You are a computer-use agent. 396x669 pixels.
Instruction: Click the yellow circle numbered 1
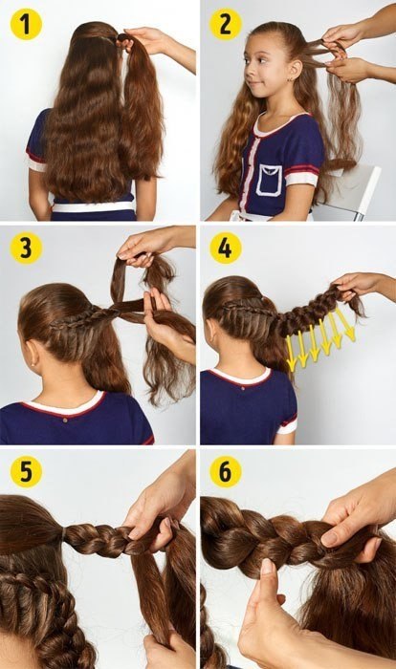[x=26, y=24]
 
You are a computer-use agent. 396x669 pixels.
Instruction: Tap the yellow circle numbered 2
[x=226, y=24]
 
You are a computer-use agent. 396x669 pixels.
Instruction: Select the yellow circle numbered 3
[x=26, y=248]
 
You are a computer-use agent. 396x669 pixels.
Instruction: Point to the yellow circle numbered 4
[x=226, y=248]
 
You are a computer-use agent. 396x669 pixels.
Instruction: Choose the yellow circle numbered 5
[x=26, y=472]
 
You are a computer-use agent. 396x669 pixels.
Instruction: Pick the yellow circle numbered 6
[x=226, y=472]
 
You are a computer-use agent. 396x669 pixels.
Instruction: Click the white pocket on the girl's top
[x=269, y=181]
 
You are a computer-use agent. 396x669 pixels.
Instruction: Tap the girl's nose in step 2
[x=248, y=70]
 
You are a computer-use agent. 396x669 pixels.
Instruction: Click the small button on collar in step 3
[x=65, y=421]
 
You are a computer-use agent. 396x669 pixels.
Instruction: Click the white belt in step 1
[x=93, y=207]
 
